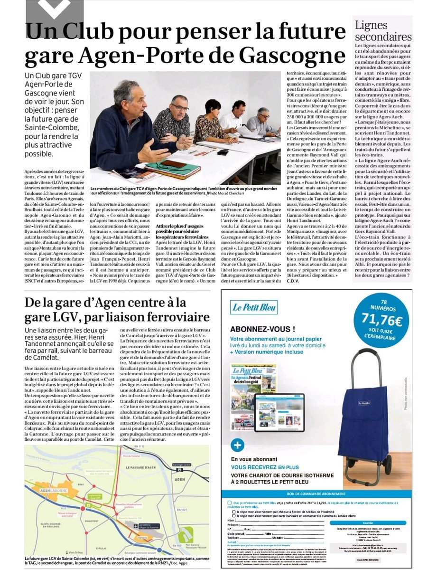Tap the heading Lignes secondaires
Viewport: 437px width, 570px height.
point(383,31)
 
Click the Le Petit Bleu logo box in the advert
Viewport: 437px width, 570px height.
point(255,308)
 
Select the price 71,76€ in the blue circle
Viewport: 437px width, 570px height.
point(381,320)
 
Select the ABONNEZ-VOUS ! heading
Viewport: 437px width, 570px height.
point(262,329)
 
